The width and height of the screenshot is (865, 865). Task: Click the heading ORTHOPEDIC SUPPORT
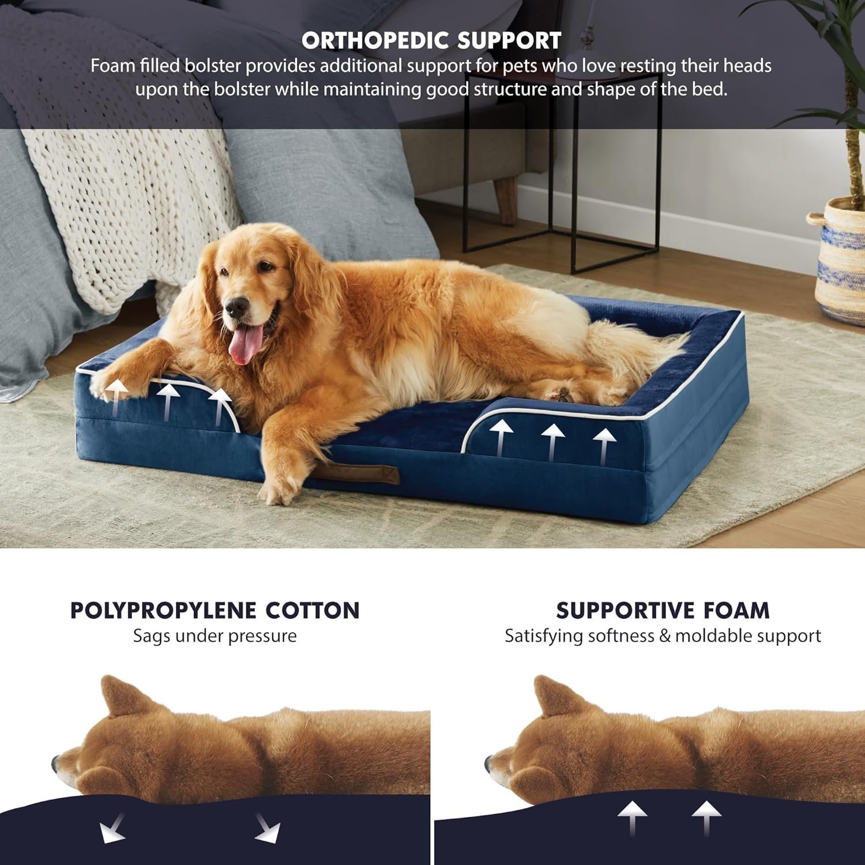pyautogui.click(x=431, y=40)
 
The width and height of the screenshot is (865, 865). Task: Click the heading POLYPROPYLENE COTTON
pyautogui.click(x=215, y=610)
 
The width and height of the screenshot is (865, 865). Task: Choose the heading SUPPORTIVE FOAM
pyautogui.click(x=663, y=610)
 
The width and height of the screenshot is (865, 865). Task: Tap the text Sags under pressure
pyautogui.click(x=215, y=636)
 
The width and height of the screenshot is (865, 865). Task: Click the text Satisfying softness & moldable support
pyautogui.click(x=663, y=636)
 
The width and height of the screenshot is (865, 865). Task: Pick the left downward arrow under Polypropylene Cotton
pyautogui.click(x=112, y=830)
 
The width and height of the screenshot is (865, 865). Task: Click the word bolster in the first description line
pyautogui.click(x=213, y=66)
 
